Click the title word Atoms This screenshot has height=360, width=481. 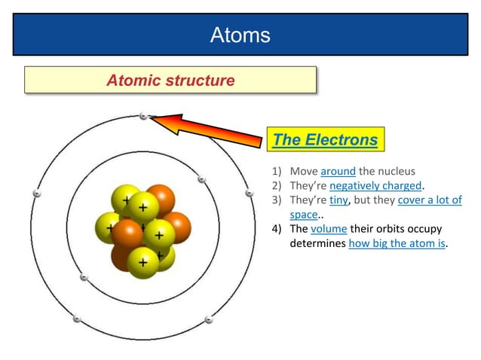click(240, 35)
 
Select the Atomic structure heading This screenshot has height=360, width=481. click(170, 80)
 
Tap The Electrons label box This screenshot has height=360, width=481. click(325, 139)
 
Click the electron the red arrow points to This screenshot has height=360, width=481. click(143, 116)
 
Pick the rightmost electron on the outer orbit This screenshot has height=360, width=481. click(250, 194)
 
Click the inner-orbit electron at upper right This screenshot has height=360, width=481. click(201, 179)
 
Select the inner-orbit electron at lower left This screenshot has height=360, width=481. click(84, 277)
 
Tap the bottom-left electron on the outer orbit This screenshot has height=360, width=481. click(76, 319)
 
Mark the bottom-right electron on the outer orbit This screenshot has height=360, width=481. click(207, 320)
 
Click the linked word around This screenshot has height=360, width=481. click(338, 171)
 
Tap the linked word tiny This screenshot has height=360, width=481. click(339, 200)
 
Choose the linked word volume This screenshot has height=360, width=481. click(328, 229)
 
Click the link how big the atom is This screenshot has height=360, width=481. click(397, 243)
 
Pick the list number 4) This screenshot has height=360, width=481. click(277, 229)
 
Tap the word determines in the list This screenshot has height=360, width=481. click(317, 243)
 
